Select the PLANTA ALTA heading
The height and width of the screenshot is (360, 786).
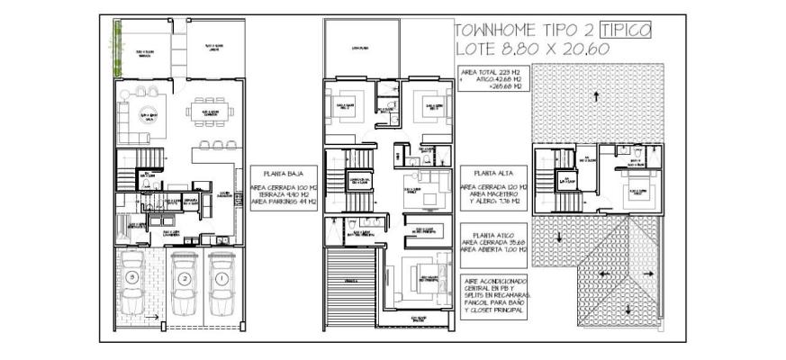486,173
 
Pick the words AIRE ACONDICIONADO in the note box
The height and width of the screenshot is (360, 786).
493,281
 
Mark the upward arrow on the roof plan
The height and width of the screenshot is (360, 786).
595,96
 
